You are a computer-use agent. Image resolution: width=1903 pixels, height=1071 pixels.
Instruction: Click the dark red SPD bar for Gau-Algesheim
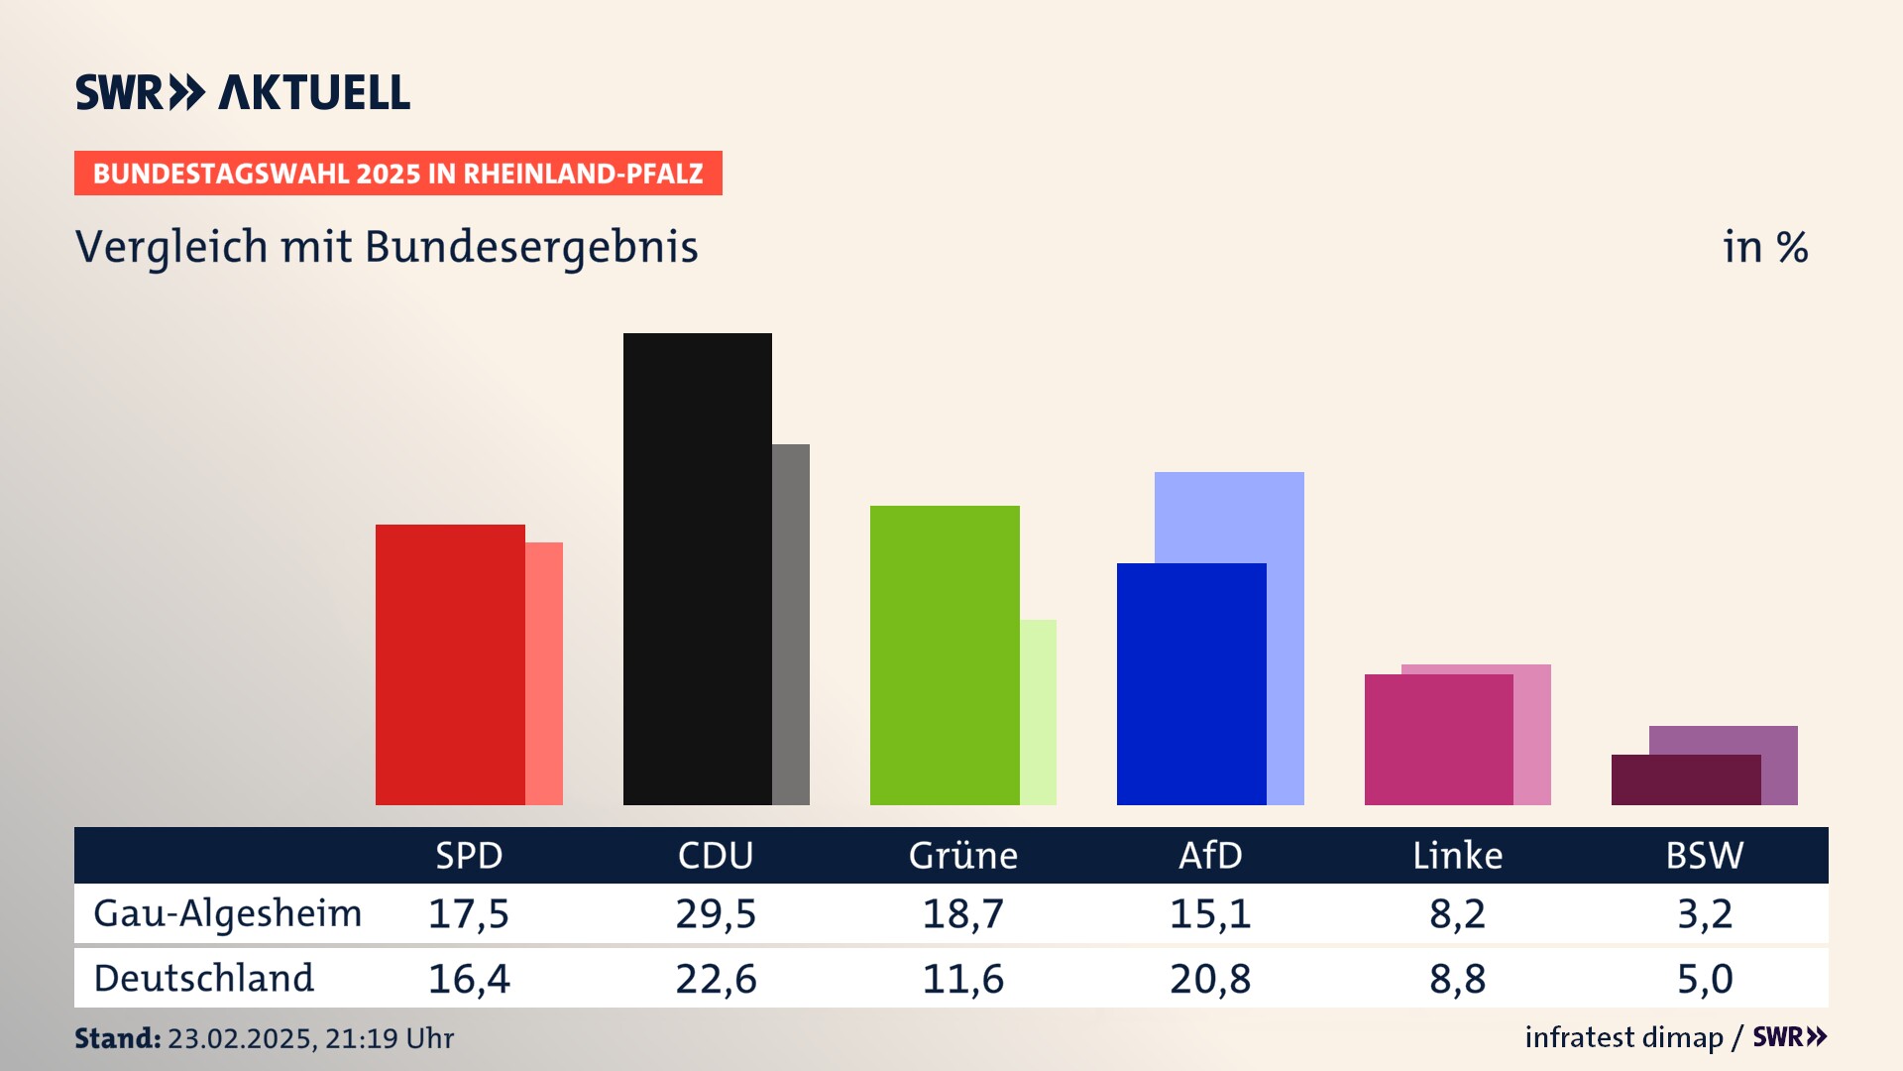[x=450, y=664]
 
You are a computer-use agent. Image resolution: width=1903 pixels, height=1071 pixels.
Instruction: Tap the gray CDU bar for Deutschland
[x=791, y=625]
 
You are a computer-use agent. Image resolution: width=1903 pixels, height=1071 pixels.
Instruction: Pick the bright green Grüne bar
[x=944, y=654]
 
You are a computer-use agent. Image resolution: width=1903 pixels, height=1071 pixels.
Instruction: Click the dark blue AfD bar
[x=1191, y=684]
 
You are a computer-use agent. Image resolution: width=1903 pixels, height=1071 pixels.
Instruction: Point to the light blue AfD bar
[x=1229, y=516]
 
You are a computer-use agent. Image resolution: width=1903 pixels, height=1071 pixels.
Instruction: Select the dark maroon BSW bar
[x=1685, y=780]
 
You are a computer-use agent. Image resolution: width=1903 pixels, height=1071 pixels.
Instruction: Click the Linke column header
[x=1457, y=856]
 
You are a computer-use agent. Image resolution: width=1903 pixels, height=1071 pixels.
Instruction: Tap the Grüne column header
[x=962, y=856]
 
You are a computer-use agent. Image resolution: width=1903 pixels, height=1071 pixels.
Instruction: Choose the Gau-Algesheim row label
[x=228, y=913]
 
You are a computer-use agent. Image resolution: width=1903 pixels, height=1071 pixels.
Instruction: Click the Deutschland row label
[x=204, y=979]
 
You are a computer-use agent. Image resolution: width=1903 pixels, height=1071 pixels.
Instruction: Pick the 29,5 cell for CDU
[x=716, y=913]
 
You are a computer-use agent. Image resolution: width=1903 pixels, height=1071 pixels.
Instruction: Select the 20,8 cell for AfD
[x=1210, y=979]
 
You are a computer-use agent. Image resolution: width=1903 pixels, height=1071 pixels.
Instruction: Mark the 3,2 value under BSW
[x=1705, y=913]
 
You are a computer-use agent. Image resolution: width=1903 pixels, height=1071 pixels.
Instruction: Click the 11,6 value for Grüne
[x=962, y=979]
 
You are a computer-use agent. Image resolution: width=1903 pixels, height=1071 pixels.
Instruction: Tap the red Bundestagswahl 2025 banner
[x=397, y=174]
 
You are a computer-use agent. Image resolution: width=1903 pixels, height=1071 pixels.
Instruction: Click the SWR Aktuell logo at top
[x=243, y=92]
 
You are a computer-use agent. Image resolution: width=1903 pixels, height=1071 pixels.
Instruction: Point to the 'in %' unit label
[x=1765, y=247]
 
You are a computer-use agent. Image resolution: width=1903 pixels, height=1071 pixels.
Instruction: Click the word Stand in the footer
[x=117, y=1038]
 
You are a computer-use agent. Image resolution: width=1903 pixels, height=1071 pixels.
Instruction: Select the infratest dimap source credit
[x=1623, y=1037]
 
